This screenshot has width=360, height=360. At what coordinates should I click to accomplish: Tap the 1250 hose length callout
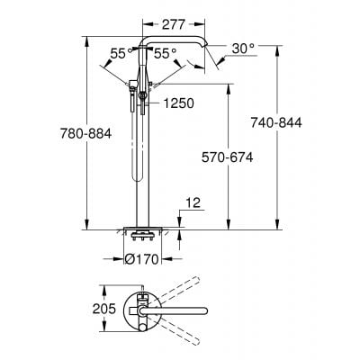181,104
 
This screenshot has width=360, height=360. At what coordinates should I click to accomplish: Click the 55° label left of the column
112,54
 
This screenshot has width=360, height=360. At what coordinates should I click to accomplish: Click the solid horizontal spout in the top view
184,310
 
